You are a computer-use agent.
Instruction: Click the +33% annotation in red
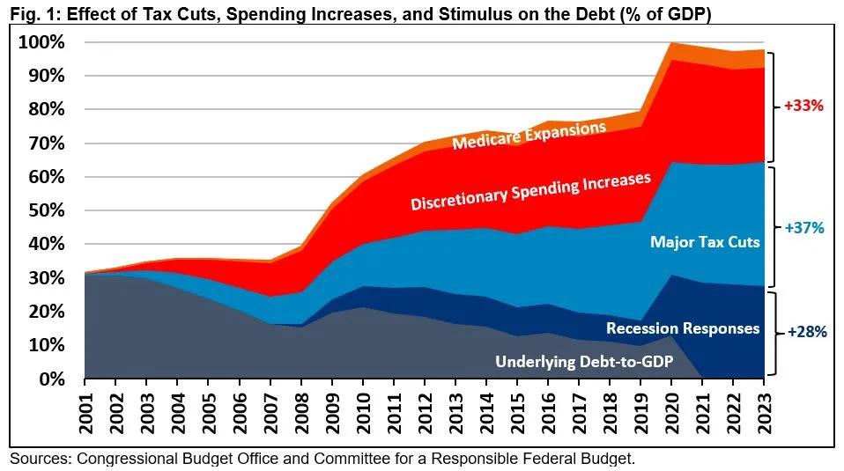803,106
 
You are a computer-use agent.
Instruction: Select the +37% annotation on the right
803,227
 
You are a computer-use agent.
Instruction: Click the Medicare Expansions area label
529,136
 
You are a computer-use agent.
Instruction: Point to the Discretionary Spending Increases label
530,191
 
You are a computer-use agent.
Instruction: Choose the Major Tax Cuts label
704,241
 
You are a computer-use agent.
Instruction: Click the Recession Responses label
683,328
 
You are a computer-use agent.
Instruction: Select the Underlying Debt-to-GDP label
583,361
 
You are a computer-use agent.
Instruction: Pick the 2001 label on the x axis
86,411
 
